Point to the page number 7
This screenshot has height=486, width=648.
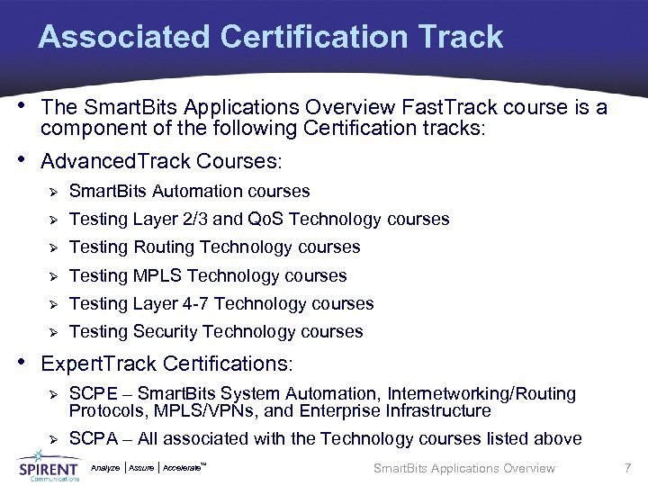point(627,468)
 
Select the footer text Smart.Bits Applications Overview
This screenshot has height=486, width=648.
point(463,468)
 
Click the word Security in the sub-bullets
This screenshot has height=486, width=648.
point(165,332)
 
